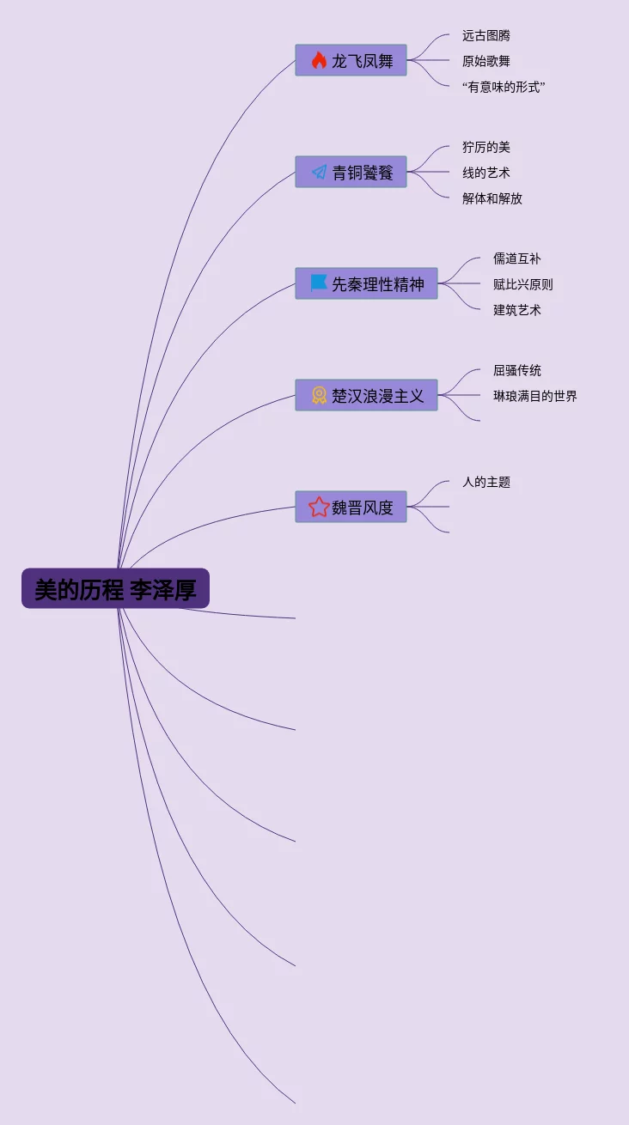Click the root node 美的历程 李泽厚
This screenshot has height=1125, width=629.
(115, 589)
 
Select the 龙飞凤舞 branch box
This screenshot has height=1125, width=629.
(351, 60)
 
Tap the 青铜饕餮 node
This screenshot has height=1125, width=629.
(351, 172)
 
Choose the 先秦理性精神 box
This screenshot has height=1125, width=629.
(366, 283)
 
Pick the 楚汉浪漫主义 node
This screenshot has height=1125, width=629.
(366, 395)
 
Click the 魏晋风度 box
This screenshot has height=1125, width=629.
(351, 507)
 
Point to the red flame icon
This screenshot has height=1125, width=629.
(319, 60)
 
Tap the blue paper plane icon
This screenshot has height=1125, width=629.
(319, 172)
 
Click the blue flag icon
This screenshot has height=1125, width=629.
(319, 283)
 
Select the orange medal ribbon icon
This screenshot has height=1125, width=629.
(319, 395)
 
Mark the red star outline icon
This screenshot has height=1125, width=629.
(319, 507)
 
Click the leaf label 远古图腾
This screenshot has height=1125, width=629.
(486, 35)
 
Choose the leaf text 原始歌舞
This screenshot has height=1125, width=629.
(486, 61)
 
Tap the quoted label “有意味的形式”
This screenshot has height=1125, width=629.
(504, 87)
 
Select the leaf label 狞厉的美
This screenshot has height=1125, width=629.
(486, 147)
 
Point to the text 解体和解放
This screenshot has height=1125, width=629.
(492, 198)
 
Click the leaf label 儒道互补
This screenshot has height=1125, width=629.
(517, 258)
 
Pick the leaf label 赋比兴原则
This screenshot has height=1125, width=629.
(523, 284)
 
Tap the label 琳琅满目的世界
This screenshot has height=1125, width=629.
(535, 396)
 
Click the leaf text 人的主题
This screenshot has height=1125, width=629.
(486, 482)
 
